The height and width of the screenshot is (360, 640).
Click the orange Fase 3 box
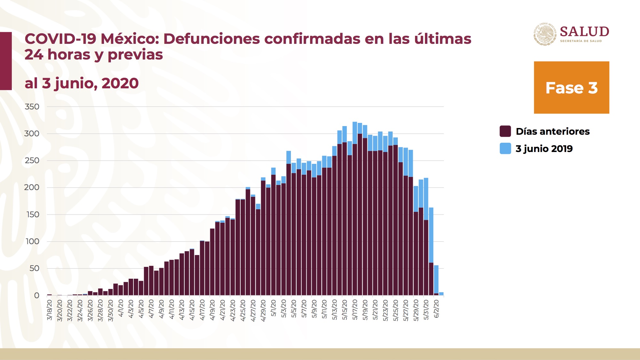pos(571,87)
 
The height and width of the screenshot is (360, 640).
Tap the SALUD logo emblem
pos(545,34)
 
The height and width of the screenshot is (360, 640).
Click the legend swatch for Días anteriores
pos(505,131)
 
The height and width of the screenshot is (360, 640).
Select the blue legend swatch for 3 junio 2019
pos(505,148)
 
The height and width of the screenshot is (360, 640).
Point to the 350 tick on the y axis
pos(32,107)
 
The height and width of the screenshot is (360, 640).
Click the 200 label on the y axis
pos(32,188)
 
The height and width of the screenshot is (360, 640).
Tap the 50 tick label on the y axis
pos(34,268)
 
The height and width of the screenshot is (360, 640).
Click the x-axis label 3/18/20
pos(50,310)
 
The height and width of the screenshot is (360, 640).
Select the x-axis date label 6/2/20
pos(436,309)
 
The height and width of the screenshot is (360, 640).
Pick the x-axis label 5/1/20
pos(274,308)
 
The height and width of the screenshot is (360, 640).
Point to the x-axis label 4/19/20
pos(212,310)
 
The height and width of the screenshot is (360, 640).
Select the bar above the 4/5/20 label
pos(141,288)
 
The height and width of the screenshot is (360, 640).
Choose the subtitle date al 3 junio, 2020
pos(82,83)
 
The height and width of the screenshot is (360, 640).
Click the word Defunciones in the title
pos(212,39)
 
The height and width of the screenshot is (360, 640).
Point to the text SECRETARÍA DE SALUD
pos(581,41)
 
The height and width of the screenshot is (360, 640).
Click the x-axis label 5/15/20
pos(345,310)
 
